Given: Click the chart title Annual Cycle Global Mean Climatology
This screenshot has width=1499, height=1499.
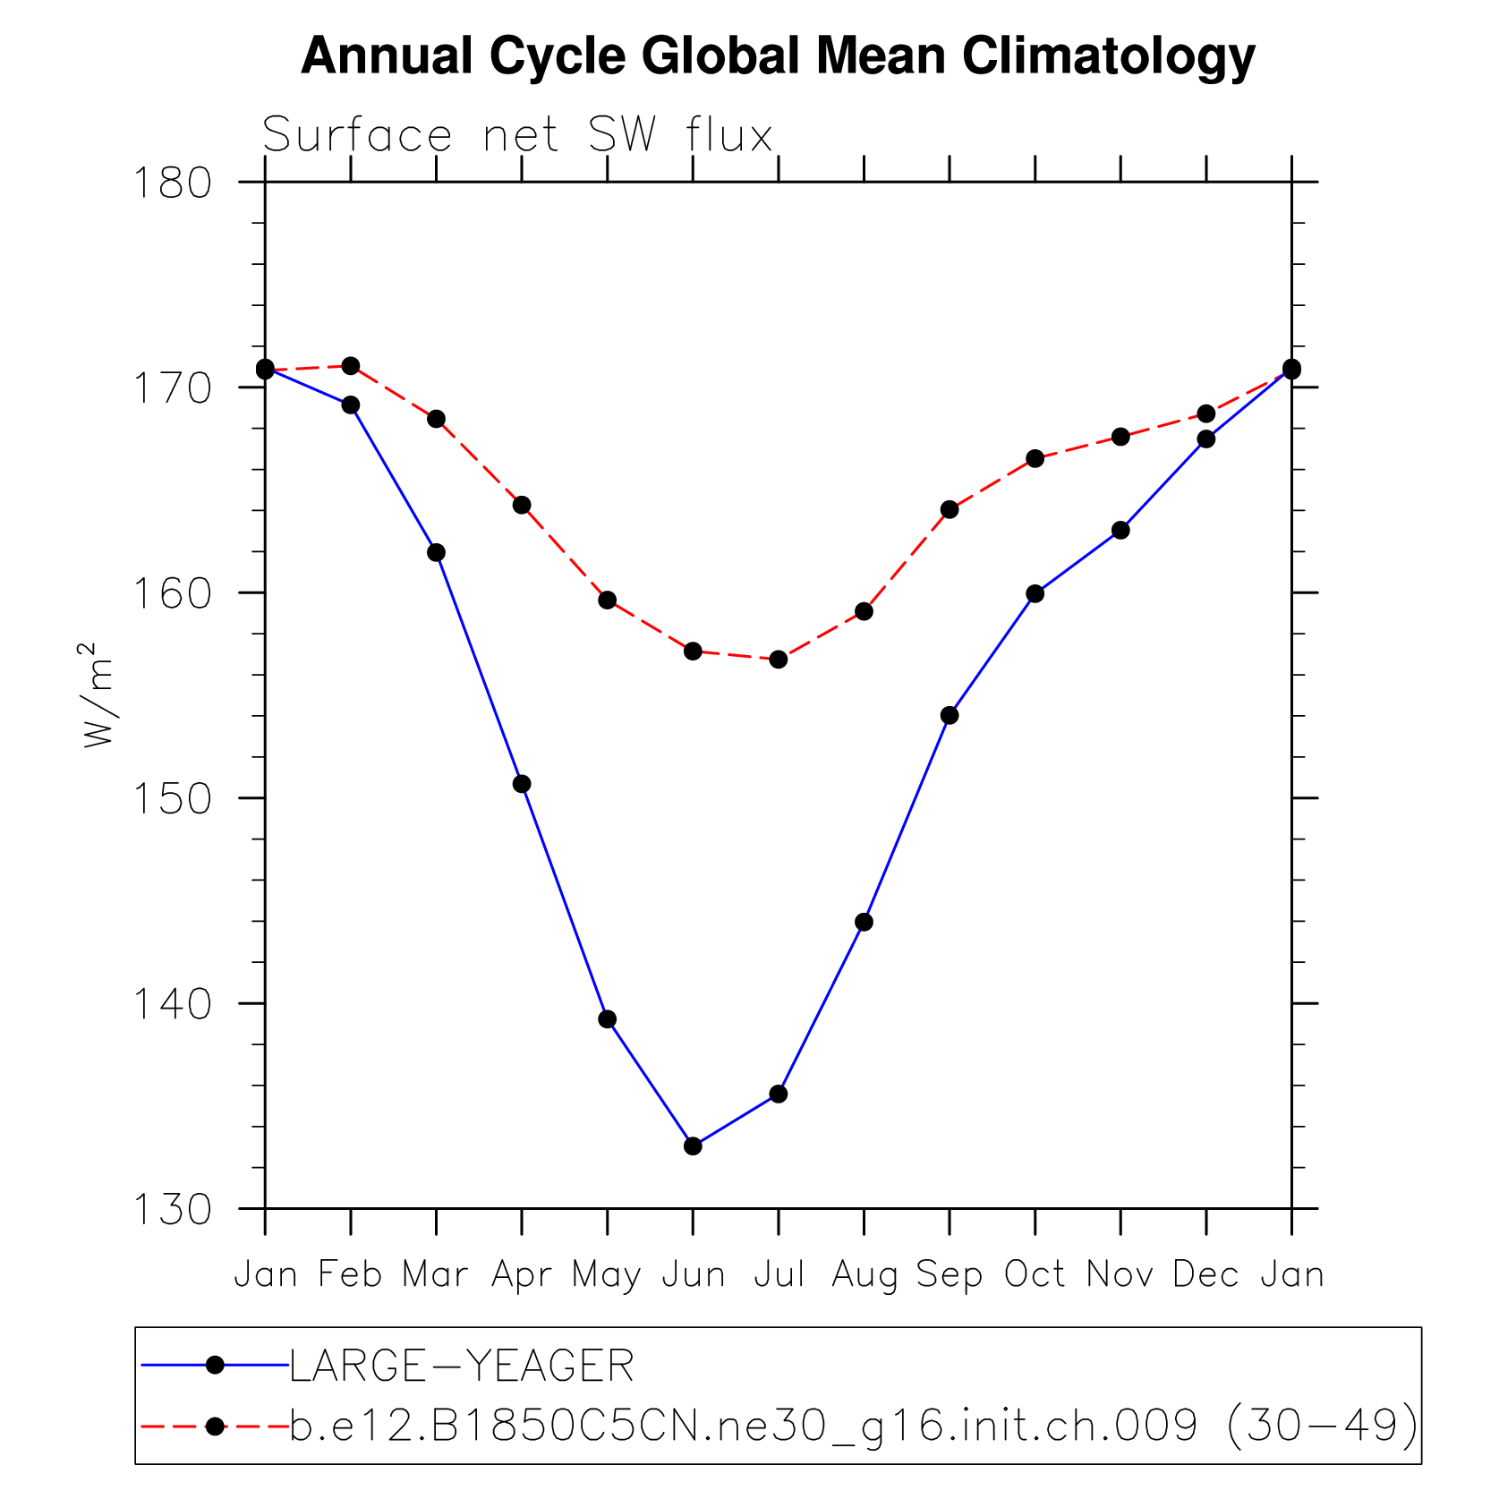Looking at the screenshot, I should click(778, 56).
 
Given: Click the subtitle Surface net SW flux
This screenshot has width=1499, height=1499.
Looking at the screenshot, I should click(517, 136).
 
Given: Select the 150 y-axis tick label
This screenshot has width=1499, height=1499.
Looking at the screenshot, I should click(172, 798).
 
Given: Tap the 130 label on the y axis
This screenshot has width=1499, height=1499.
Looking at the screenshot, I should click(172, 1209).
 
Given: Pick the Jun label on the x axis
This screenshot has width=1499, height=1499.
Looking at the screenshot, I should click(693, 1274).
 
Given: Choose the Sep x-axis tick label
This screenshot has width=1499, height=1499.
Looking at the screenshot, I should click(950, 1274).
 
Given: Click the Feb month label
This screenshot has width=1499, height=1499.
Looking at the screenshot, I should click(350, 1274).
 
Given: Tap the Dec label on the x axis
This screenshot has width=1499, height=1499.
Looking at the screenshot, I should click(1205, 1274).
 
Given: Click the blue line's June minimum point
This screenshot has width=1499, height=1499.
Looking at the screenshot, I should click(693, 1146).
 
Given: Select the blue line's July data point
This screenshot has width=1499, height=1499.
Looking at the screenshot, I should click(779, 1094).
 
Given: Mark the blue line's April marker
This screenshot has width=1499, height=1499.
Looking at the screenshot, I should click(522, 784).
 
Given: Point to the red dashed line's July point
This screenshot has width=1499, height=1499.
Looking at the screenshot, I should click(779, 660).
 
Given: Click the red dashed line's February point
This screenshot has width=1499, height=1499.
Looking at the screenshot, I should click(351, 366).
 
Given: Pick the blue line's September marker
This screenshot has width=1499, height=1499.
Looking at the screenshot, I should click(950, 715).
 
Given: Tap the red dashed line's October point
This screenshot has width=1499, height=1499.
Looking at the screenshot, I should click(1035, 458).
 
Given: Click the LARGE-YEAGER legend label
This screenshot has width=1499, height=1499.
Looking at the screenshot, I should click(462, 1367).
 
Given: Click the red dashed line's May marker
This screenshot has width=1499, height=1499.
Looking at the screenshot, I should click(608, 600).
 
